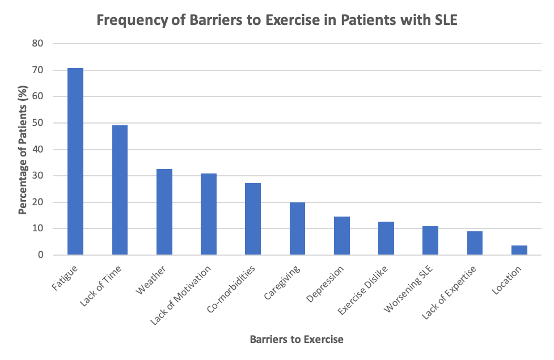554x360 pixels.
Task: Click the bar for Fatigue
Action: pyautogui.click(x=75, y=162)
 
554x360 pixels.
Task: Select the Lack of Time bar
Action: pyautogui.click(x=120, y=190)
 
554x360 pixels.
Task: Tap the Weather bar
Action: pyautogui.click(x=164, y=212)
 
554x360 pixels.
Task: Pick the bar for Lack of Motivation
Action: pyautogui.click(x=209, y=214)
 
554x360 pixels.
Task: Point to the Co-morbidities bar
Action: pyautogui.click(x=253, y=219)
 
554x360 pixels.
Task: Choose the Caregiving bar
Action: pyautogui.click(x=297, y=228)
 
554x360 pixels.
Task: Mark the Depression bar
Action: pyautogui.click(x=342, y=236)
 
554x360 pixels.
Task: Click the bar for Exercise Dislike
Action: pyautogui.click(x=386, y=238)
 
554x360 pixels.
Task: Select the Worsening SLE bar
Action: pyautogui.click(x=430, y=240)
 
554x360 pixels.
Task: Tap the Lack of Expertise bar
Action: pyautogui.click(x=475, y=243)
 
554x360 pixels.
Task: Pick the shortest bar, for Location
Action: pyautogui.click(x=519, y=250)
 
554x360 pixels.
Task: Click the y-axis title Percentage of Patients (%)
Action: pyautogui.click(x=23, y=149)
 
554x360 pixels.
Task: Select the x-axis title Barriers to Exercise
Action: pyautogui.click(x=297, y=340)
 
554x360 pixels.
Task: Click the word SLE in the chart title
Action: pyautogui.click(x=443, y=21)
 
